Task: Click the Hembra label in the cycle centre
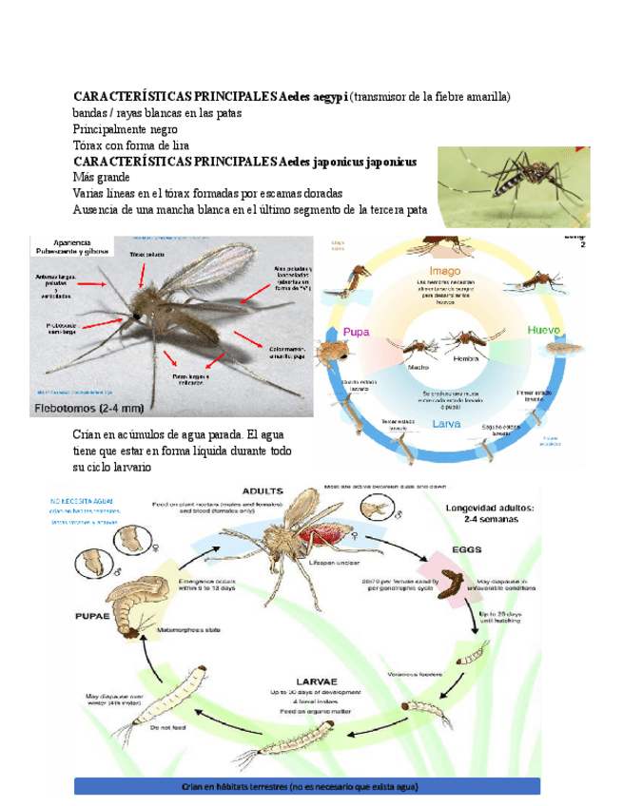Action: tap(466, 359)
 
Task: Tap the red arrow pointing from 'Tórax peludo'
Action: tap(142, 275)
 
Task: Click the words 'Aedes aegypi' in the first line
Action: tap(314, 96)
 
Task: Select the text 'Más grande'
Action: tap(102, 177)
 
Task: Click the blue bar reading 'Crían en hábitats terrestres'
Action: tap(306, 786)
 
